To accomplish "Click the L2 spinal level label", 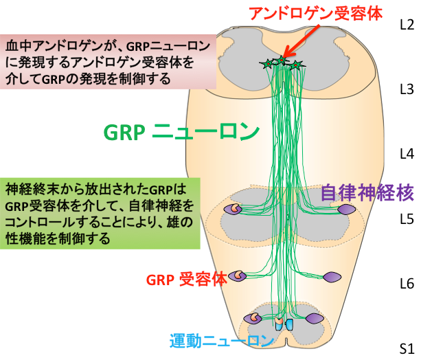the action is (x=407, y=25).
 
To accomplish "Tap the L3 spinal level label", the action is (x=407, y=89).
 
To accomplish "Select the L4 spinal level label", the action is (x=407, y=154).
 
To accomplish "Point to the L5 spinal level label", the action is (x=407, y=219).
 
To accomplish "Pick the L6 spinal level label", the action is (x=407, y=284).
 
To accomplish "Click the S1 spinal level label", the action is (x=407, y=348).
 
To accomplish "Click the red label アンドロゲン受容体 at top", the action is (x=316, y=14).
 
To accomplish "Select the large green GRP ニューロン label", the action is (x=181, y=132).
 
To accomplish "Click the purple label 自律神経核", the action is (x=367, y=192).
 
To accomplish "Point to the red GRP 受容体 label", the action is (x=187, y=280).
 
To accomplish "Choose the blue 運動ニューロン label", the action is (x=222, y=341).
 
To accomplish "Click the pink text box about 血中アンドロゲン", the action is (x=108, y=62).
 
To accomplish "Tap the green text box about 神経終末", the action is (x=100, y=213).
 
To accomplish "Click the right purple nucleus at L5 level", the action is (x=347, y=210).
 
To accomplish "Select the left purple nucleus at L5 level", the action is (x=233, y=209).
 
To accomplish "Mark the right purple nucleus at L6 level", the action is (x=332, y=277).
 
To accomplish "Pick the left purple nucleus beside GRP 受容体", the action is (x=237, y=276).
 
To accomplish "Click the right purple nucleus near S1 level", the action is (x=315, y=319).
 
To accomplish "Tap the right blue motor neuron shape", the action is (x=289, y=324).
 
